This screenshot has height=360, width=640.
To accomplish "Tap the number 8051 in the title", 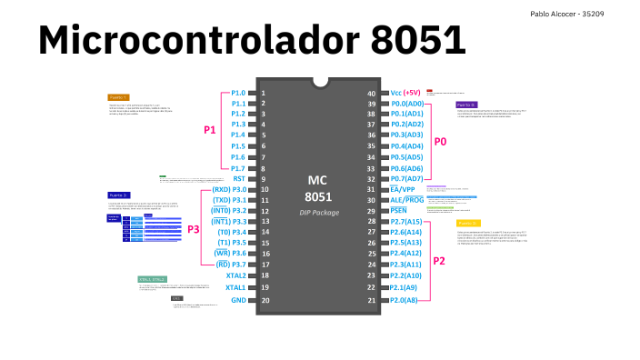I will click(418, 41).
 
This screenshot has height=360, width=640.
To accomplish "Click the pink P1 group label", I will click(209, 130).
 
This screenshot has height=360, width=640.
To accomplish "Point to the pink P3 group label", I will click(193, 230).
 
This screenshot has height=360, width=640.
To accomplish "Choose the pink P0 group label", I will click(440, 142).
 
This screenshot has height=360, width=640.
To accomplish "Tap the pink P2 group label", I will click(439, 261).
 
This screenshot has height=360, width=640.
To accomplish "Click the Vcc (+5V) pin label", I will click(405, 93).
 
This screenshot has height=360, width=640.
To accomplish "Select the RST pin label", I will click(239, 179).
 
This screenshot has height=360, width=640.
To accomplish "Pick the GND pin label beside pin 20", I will click(238, 300).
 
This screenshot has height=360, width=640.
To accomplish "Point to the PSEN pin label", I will click(398, 211).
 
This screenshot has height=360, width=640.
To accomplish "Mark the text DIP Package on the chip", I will click(318, 213).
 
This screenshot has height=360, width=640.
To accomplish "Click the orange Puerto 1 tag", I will click(118, 96).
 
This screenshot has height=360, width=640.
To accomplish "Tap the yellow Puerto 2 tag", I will click(468, 223).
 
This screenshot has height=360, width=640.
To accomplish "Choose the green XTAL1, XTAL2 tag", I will click(152, 279).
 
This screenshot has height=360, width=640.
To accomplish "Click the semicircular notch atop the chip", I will click(319, 81).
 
